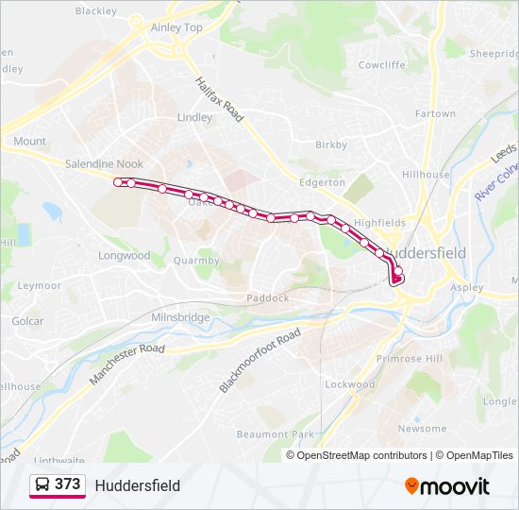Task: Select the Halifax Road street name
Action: coord(220,99)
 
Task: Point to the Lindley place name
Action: coord(195,118)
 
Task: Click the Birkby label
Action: coord(331,145)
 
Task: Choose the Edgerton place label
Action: coord(323,182)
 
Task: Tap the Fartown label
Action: coord(435,114)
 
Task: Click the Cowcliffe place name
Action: coord(381,65)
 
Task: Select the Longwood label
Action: coord(125,256)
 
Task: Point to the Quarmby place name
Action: coord(196,262)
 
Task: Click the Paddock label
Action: coord(267,297)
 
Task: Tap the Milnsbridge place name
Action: coord(180,317)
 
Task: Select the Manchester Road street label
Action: coord(126,363)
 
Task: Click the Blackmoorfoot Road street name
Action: coord(260,361)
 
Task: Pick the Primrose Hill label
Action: coord(410,359)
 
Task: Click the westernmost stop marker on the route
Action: coord(118,182)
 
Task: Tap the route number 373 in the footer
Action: coord(67,484)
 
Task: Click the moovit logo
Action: coord(447,486)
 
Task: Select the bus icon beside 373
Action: coord(42,484)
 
